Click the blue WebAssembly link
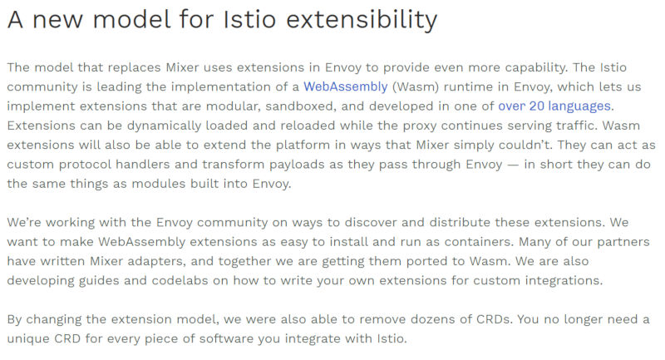tap(346, 86)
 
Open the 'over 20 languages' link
tap(554, 106)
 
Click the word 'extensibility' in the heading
tap(362, 19)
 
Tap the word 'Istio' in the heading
tap(250, 19)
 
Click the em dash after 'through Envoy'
tap(513, 165)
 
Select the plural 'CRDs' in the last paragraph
tap(495, 319)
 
